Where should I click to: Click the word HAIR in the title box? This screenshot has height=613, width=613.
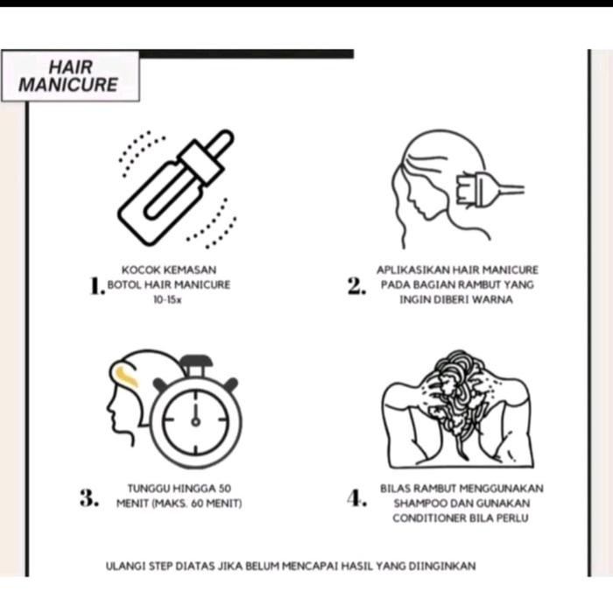tap(70, 67)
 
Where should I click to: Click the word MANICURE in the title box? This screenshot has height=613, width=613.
tap(68, 84)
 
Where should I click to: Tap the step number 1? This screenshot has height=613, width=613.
tap(97, 285)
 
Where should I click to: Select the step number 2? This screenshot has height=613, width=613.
tap(356, 285)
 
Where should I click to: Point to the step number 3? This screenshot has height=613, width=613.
tap(89, 497)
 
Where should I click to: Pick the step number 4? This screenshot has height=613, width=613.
tap(357, 497)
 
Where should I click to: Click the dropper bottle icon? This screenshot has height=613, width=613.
tap(176, 187)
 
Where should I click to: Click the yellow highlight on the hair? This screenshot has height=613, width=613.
tap(126, 376)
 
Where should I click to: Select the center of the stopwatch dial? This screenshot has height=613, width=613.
tap(195, 421)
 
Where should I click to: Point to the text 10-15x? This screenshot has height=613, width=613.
tap(167, 299)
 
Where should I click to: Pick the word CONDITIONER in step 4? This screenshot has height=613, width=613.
tap(429, 518)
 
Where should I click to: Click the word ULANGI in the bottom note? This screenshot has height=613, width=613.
tap(125, 566)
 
